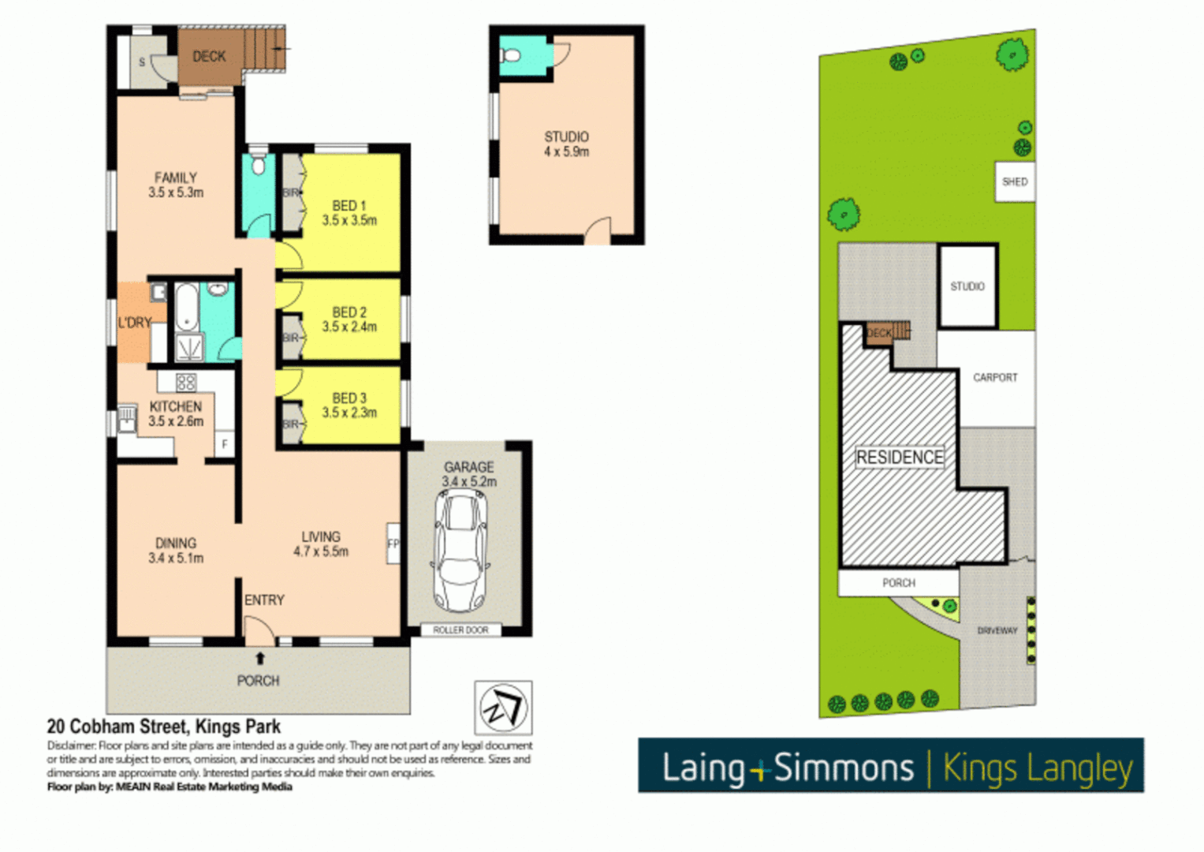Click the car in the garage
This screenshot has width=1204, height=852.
(x=461, y=551)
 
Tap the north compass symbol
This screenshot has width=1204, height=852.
(x=503, y=707)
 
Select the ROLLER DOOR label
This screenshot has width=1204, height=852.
(x=460, y=630)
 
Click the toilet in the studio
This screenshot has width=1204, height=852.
(x=510, y=55)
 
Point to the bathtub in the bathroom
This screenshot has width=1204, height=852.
(x=186, y=307)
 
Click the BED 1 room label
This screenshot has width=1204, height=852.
(x=349, y=205)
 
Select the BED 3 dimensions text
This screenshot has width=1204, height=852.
(x=349, y=413)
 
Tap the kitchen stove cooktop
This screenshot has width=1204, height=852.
(x=186, y=383)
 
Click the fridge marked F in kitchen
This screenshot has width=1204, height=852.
(x=225, y=444)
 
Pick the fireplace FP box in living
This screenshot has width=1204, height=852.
(x=393, y=543)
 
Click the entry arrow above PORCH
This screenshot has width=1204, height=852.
(x=259, y=658)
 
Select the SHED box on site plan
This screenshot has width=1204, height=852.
(x=1015, y=181)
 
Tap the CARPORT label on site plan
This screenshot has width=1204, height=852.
(x=995, y=377)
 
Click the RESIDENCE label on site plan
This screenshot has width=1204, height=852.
(x=900, y=458)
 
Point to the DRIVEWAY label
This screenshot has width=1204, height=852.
(x=997, y=630)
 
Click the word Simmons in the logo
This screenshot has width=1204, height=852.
(x=843, y=768)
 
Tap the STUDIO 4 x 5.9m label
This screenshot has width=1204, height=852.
(x=566, y=144)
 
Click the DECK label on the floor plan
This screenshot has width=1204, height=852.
(x=209, y=56)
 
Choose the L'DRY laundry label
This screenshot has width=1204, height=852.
(x=134, y=323)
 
